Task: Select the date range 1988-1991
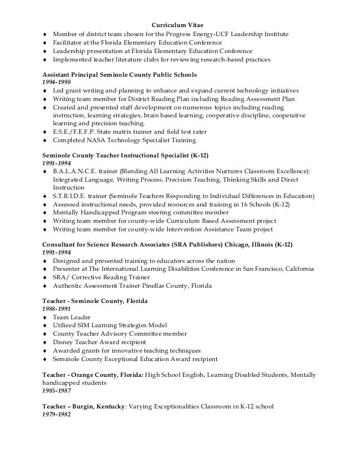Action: tap(55, 309)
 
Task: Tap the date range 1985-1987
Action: tap(55, 390)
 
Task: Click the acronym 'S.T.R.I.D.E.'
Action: tap(70, 196)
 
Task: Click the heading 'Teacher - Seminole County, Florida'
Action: tap(95, 301)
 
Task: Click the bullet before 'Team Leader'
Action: tap(45, 318)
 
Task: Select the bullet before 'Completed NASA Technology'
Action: tap(45, 140)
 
